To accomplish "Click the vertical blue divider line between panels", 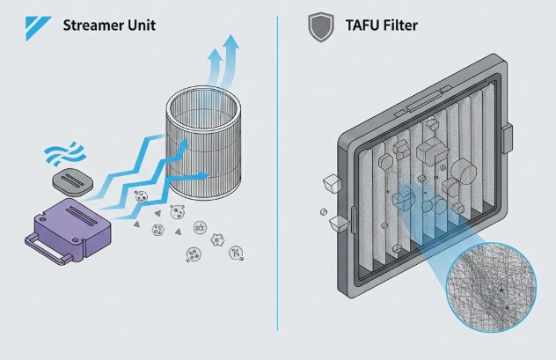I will (278, 176).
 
